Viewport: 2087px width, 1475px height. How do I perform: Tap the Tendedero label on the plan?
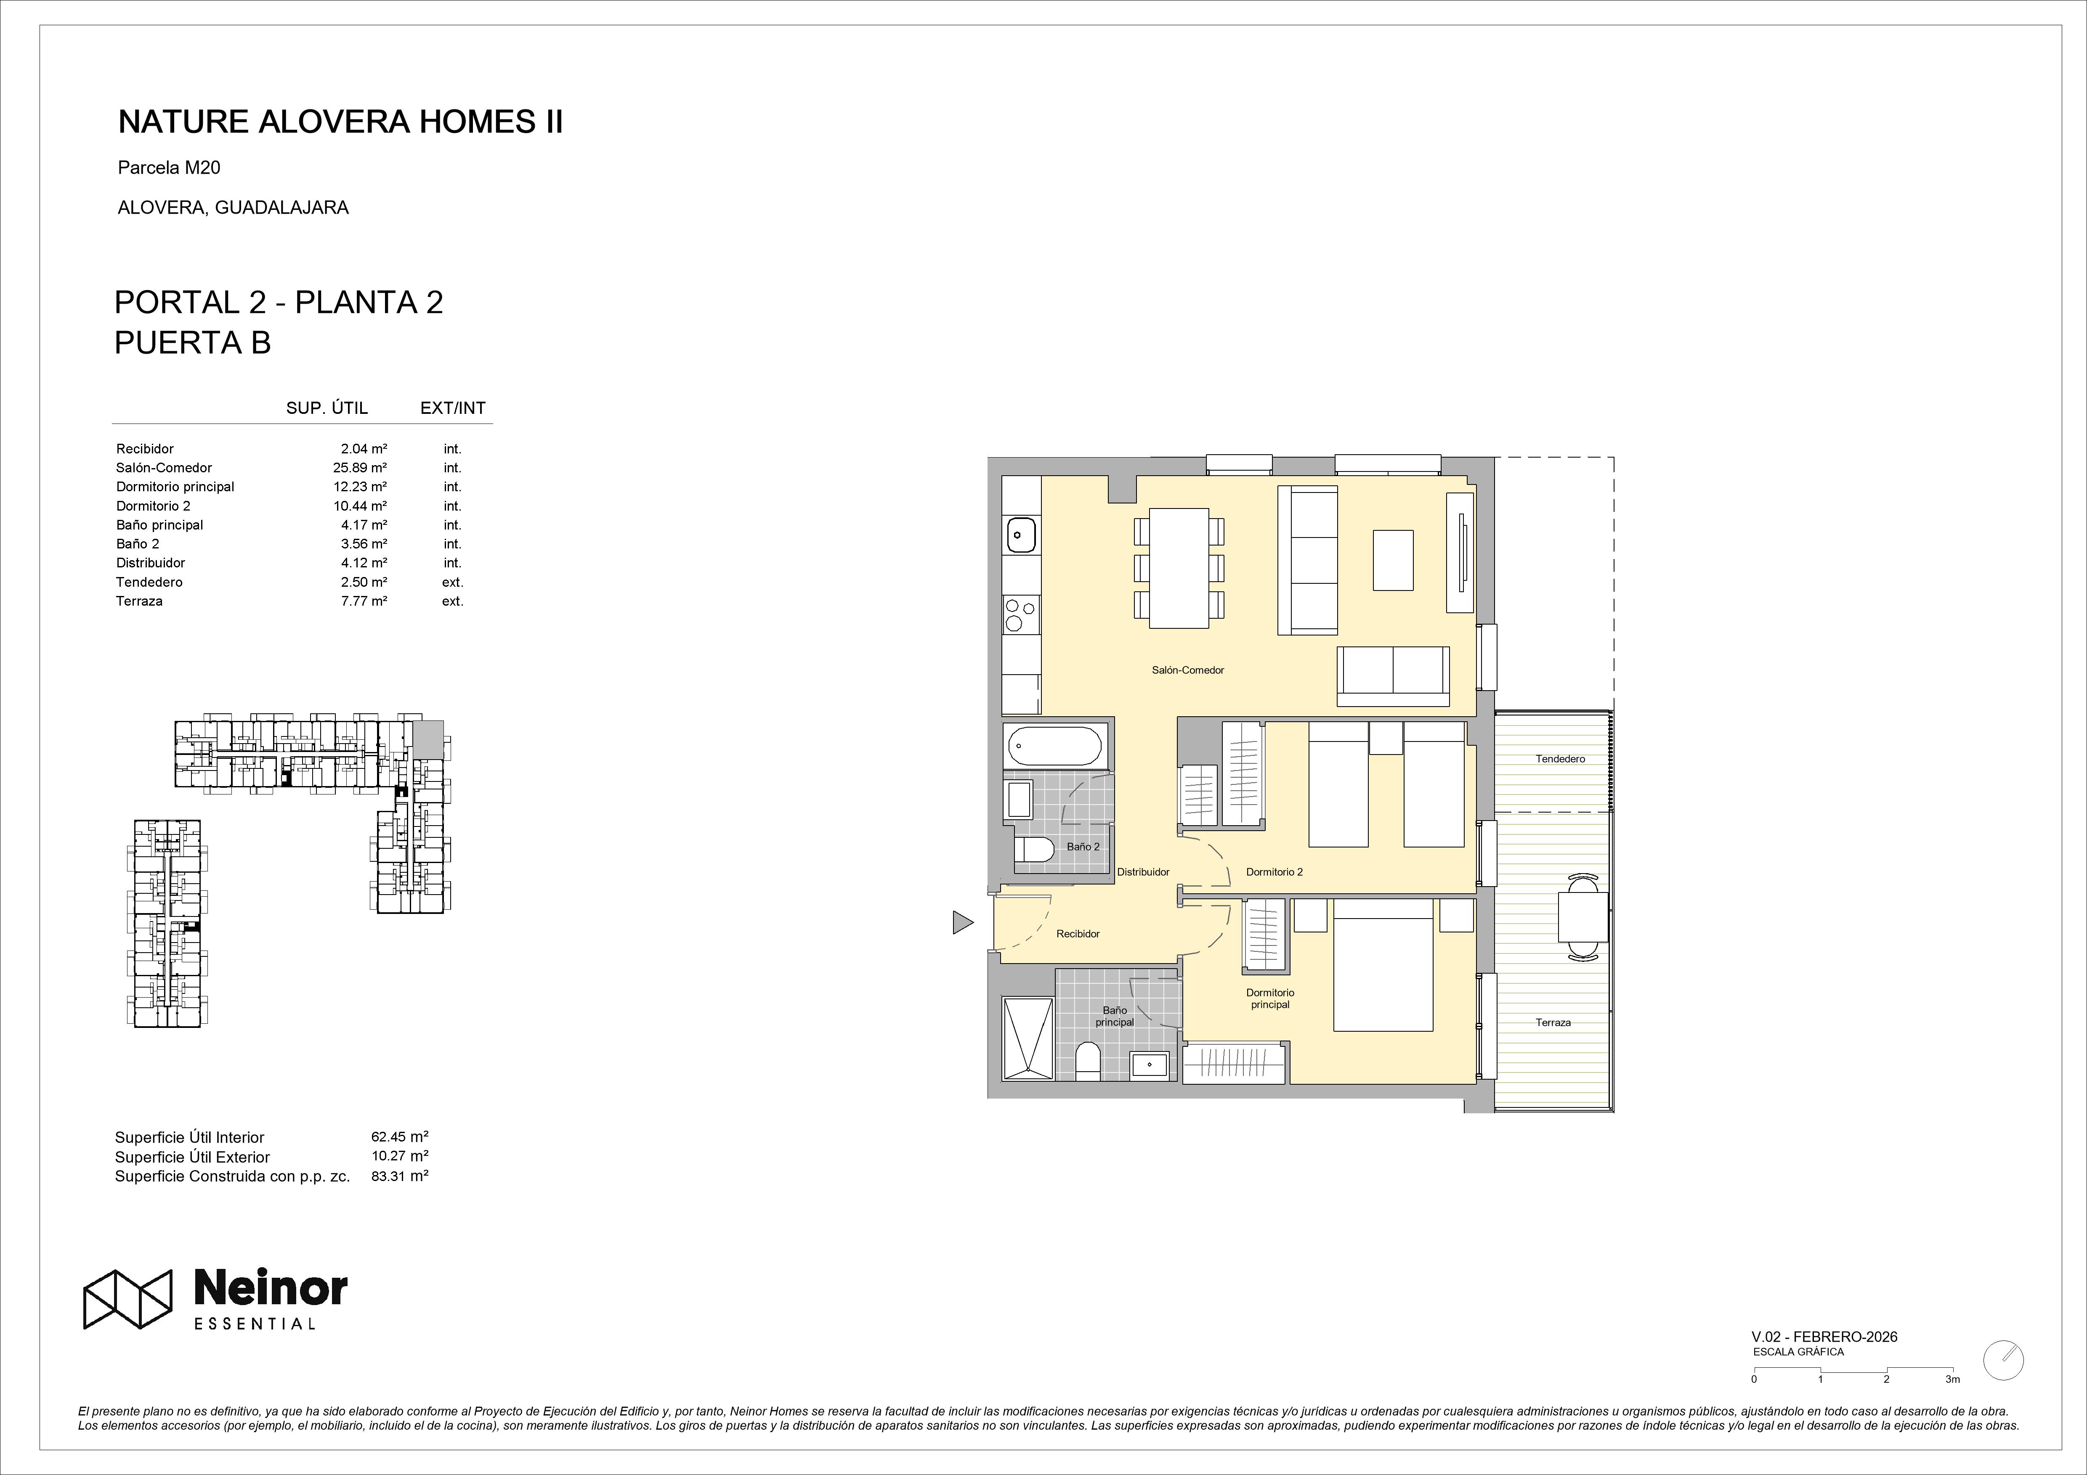click(x=1560, y=759)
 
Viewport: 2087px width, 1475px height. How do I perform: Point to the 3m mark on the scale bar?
click(x=1952, y=1404)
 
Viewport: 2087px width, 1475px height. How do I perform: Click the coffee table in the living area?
click(x=1393, y=561)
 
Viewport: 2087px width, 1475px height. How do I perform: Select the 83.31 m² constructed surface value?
click(x=400, y=1175)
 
